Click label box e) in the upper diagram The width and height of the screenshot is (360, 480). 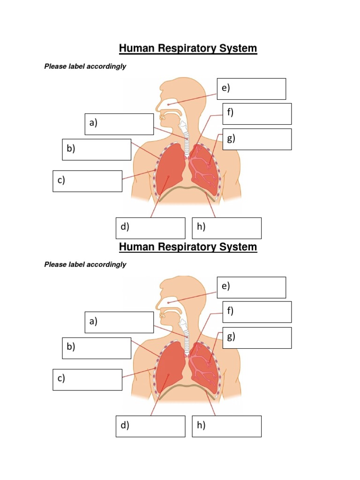[251, 89]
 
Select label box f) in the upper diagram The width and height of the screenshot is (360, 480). [257, 114]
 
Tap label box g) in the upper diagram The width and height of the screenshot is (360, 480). [257, 139]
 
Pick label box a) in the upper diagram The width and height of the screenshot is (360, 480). [119, 124]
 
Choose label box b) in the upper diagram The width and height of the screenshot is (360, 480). [97, 150]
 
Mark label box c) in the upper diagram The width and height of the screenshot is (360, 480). [87, 181]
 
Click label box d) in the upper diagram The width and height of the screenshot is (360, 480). [150, 228]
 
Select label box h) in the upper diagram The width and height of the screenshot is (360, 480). [227, 228]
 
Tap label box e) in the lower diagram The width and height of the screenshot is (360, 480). [251, 287]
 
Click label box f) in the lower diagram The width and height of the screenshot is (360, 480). [257, 312]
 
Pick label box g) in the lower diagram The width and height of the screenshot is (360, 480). [257, 338]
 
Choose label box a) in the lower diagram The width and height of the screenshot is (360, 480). [119, 322]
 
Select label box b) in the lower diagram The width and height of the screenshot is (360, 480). [97, 348]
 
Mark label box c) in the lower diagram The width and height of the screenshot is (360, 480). [87, 380]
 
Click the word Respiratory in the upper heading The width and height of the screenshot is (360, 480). [187, 48]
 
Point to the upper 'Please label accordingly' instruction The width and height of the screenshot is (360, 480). [85, 67]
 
